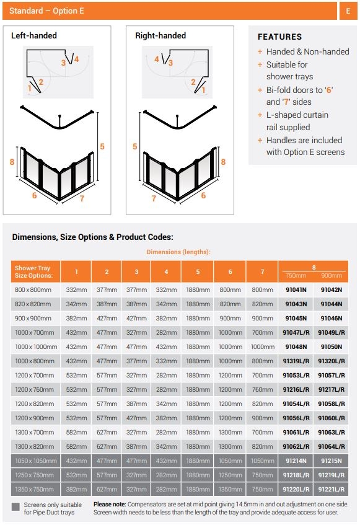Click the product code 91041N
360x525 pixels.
coord(296,289)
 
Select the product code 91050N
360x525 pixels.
coord(331,347)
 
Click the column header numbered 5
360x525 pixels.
coord(198,271)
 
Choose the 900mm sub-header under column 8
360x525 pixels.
coord(331,275)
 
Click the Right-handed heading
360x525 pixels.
coord(160,36)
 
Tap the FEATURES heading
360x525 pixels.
coord(279,37)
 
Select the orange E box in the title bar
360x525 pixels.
coord(348,11)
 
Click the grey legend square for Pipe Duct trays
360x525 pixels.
coord(15,506)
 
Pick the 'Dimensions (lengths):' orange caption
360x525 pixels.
coord(178,252)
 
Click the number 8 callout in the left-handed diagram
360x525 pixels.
coord(12,162)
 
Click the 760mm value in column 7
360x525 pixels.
coord(262,390)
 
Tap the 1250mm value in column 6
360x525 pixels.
coord(230,475)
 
